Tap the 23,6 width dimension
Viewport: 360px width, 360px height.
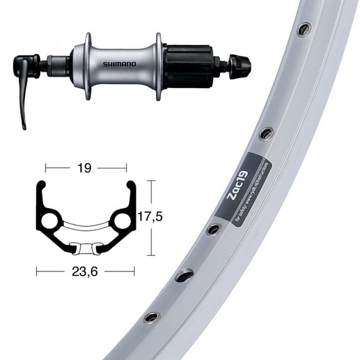click(x=85, y=271)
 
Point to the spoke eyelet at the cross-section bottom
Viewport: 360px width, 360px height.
click(x=85, y=248)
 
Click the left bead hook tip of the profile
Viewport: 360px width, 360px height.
click(x=42, y=185)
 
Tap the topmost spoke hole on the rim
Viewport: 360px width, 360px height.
click(x=304, y=29)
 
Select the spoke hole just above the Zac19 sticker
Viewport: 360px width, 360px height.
click(x=266, y=133)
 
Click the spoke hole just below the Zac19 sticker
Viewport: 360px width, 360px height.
click(x=214, y=229)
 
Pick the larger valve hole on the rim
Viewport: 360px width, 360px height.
click(x=184, y=275)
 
